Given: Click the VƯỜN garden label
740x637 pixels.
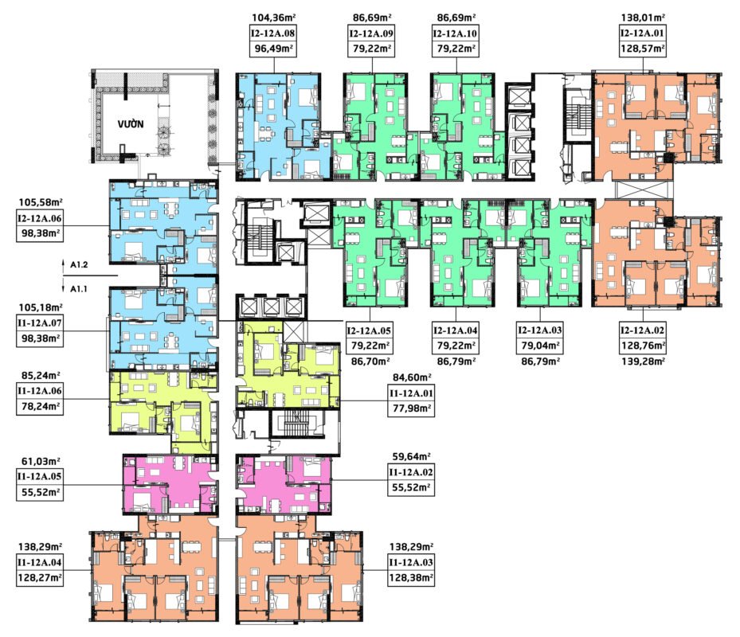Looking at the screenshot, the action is pos(131,124).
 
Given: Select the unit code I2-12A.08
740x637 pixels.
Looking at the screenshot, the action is pos(273,33).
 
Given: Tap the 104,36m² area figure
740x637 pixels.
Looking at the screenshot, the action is pos(274,18).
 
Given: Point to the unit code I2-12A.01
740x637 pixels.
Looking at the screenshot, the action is pos(642,33).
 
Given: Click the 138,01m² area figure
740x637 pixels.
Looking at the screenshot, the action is pos(643,18).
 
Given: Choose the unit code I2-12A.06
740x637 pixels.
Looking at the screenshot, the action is pos(40,218).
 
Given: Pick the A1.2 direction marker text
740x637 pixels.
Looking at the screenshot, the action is pos(79,265).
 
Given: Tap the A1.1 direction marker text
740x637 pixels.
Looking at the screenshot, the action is pos(79,289).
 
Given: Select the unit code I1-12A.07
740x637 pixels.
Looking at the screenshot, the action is pos(40,323).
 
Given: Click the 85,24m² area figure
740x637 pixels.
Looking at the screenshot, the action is pos(40,376).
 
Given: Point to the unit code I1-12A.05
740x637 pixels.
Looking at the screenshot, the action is pos(40,476).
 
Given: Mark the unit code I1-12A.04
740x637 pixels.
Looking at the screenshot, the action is pos(40,562).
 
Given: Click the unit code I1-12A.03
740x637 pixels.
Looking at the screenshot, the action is pos(411,562).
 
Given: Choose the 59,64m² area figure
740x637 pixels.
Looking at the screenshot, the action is pos(412,457).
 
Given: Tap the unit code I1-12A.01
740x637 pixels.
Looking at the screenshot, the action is pos(411,393).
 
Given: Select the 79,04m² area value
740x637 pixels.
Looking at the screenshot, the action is pos(540,346).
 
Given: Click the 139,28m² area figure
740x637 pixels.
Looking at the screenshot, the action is pos(643,361).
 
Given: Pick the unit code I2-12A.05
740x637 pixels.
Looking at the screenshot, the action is pos(370,330).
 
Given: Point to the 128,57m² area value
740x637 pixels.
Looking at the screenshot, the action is pos(643,49).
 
